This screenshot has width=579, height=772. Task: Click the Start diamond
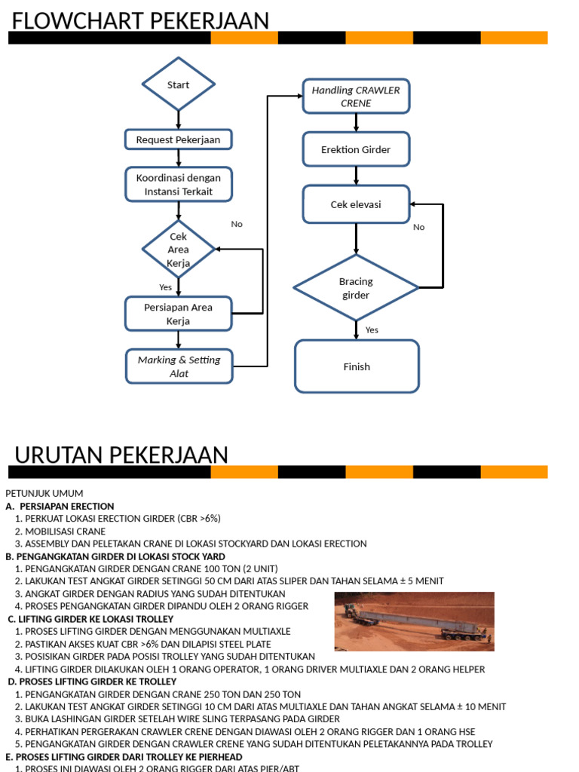179,84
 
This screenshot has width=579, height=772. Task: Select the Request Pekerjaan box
178,139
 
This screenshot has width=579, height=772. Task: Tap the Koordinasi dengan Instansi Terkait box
179,185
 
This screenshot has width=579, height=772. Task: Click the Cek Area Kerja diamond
179,250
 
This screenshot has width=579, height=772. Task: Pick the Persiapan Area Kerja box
179,314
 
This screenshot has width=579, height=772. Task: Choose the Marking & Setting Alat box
179,366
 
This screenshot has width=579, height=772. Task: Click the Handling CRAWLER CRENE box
356,96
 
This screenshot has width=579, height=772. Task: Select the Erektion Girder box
356,149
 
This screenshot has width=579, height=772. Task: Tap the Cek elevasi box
356,204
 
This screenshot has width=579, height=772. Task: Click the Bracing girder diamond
356,288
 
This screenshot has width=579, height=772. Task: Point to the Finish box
357,366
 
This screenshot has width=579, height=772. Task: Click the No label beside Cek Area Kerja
237,224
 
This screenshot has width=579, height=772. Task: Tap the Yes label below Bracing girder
372,329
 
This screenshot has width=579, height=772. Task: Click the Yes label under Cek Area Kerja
166,287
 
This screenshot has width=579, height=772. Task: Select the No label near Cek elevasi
419,227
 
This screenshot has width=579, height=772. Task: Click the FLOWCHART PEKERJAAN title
140,21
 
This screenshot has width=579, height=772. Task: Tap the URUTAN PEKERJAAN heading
121,455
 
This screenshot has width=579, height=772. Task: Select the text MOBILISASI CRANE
66,531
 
